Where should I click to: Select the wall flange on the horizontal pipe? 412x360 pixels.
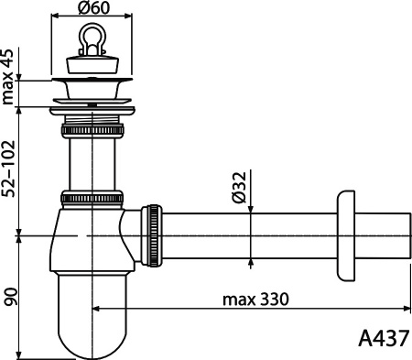click(x=346, y=236)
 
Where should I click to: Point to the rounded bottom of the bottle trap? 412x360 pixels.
click(x=92, y=334)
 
